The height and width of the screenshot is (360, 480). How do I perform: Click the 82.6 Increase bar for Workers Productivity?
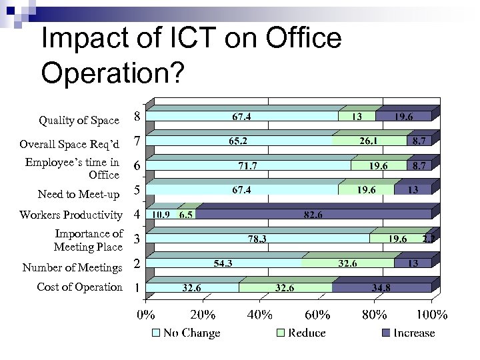point(313,215)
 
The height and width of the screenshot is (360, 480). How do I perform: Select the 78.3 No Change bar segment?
point(257,239)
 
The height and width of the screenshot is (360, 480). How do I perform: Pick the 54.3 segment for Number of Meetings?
point(223,263)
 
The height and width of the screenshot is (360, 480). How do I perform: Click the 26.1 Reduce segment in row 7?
point(369,141)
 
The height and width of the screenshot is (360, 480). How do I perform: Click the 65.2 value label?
point(238,141)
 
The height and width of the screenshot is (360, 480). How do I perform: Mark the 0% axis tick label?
point(146,314)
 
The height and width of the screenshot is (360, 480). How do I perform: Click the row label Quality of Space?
point(79,121)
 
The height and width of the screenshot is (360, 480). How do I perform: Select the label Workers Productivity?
point(71,215)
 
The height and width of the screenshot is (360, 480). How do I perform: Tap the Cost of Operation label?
point(79,287)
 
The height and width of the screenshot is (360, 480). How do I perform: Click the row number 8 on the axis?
point(137,116)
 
